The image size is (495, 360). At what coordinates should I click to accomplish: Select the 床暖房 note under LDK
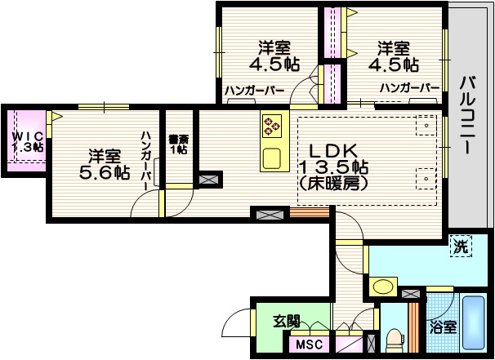pos(334,184)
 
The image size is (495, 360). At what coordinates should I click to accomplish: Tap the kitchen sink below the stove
pos(271,156)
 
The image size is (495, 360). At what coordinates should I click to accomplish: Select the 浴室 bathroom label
pos(444,327)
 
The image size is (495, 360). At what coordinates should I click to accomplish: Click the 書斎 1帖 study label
pos(177,144)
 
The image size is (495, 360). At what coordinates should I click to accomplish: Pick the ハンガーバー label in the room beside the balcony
pos(409,88)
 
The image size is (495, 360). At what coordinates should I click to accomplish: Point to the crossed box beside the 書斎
pos(208,178)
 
